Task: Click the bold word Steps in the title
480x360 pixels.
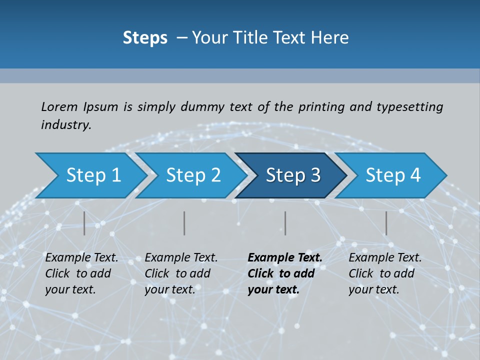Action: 145,38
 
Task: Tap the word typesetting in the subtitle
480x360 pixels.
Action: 409,106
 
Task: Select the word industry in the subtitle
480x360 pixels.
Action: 65,125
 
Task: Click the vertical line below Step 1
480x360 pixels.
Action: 84,223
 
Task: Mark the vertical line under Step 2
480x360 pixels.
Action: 184,223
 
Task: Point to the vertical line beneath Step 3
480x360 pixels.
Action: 285,223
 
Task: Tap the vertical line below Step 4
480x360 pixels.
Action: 386,223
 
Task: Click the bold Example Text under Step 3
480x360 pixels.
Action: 285,258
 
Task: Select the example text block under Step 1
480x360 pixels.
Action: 81,273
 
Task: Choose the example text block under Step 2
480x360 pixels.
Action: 181,273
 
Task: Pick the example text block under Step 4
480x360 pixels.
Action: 385,273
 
